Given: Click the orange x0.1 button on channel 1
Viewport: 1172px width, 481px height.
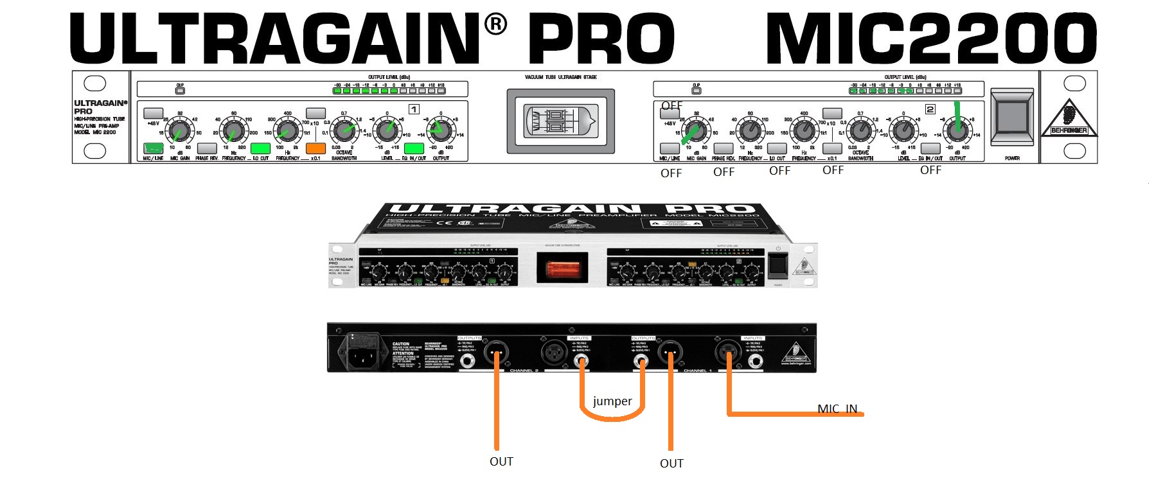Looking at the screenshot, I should coord(315,148).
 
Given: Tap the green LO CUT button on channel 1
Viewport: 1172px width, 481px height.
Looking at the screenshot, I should coord(260,148).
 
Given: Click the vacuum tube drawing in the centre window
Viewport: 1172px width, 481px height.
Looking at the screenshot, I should coord(560,121).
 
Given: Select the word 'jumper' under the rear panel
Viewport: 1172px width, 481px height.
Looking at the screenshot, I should coord(612,401).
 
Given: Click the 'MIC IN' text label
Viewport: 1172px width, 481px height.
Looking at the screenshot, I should coord(837,408).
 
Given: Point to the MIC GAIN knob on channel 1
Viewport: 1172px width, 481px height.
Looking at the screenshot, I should coord(179,131).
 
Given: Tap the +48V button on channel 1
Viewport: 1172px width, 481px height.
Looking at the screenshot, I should coord(153,113).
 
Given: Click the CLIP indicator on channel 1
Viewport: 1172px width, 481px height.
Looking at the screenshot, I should coord(180,91).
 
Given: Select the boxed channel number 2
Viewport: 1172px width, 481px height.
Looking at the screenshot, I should coord(930,109).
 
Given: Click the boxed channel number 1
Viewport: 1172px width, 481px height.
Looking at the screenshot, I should coord(414,109).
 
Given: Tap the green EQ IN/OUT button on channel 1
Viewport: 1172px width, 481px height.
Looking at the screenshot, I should coord(414,148).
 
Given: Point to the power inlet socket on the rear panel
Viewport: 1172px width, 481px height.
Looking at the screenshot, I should coord(362,352).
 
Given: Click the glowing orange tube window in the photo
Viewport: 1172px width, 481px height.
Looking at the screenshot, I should coord(562,267).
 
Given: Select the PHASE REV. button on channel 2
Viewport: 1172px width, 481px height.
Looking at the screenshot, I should coord(724,149).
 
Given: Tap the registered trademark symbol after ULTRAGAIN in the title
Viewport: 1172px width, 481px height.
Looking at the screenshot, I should coord(495,24).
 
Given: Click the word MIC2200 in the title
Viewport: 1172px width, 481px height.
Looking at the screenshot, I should coord(931,39).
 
